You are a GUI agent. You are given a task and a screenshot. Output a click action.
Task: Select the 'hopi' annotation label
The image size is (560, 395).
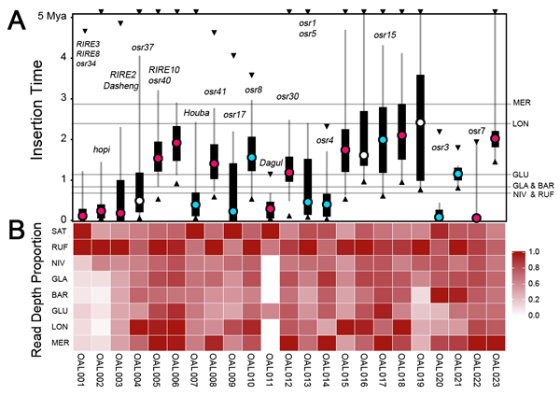(x=102, y=149)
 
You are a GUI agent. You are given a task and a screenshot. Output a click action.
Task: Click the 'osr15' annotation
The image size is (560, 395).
(x=385, y=35)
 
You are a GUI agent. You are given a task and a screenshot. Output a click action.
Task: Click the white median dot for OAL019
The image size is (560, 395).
(x=420, y=122)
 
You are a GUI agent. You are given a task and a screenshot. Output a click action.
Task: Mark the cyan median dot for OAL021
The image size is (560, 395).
(x=458, y=174)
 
